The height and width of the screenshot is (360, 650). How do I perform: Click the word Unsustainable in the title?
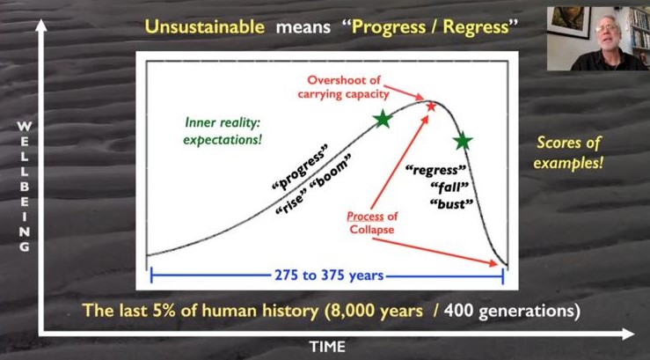pyautogui.click(x=204, y=27)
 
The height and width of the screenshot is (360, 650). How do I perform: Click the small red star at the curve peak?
pyautogui.click(x=431, y=107)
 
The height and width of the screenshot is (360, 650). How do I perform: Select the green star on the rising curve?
pyautogui.click(x=383, y=119)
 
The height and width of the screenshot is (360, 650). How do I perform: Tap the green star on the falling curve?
pyautogui.click(x=463, y=142)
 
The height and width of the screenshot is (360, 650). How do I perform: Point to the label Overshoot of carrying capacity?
pyautogui.click(x=344, y=86)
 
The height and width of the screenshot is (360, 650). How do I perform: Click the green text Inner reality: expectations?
pyautogui.click(x=223, y=131)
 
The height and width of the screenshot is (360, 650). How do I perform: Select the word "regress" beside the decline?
pyautogui.click(x=435, y=170)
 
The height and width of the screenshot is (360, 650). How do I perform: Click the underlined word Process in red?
pyautogui.click(x=360, y=217)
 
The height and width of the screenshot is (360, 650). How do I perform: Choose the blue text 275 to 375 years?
pyautogui.click(x=329, y=276)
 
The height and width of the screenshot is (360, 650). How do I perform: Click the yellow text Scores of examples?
pyautogui.click(x=568, y=152)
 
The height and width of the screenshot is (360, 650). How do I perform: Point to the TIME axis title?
pyautogui.click(x=327, y=346)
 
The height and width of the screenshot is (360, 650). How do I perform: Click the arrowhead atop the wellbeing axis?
pyautogui.click(x=40, y=26)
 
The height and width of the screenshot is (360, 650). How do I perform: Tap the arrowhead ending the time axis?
pyautogui.click(x=628, y=334)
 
